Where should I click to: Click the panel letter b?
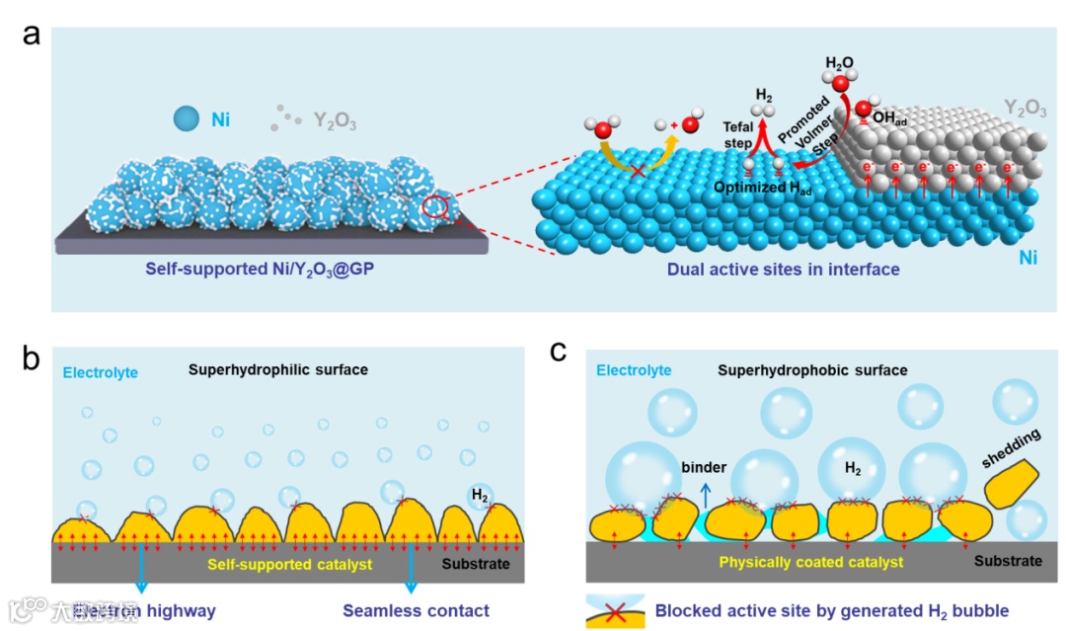pos(33,356)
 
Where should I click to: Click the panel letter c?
pos(558,351)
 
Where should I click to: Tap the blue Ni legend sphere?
pos(188,119)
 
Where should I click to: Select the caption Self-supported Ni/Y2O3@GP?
pos(247,269)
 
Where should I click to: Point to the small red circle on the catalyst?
pos(434,206)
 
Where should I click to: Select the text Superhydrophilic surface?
pos(278,370)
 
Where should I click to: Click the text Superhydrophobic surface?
pos(812,370)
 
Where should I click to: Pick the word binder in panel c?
pos(703,467)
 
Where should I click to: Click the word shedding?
pos(1011,447)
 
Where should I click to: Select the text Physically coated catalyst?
pos(810,562)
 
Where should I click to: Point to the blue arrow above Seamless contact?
pos(411,570)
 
